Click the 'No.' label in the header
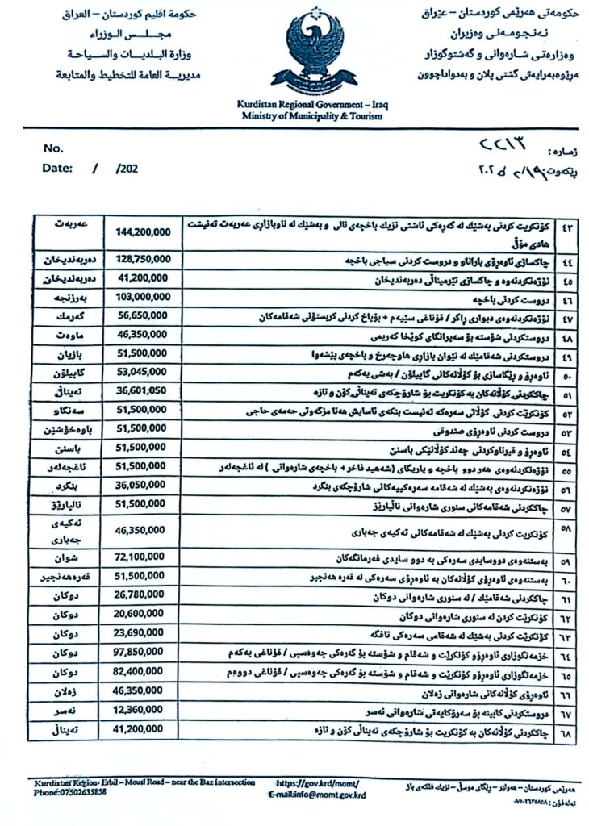pos(53,148)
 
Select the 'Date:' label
pos(58,169)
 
